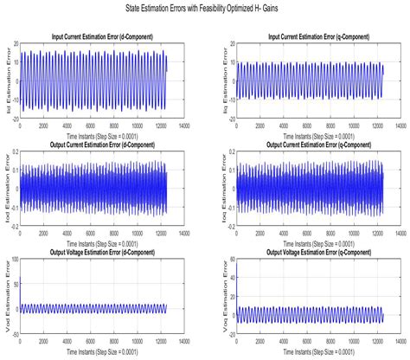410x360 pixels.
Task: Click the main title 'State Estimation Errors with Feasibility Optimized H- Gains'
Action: (x=205, y=7)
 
